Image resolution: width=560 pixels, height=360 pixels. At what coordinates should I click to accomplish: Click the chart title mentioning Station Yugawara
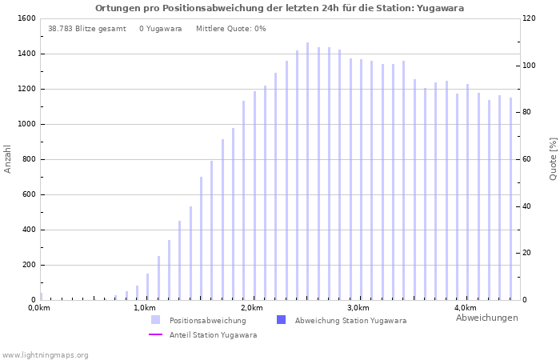pos(279,8)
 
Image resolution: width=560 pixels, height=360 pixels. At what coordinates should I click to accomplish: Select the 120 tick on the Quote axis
pos(530,18)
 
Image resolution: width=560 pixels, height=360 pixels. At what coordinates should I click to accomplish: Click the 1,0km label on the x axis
pos(145,308)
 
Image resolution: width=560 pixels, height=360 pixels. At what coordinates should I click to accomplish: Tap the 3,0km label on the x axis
pos(358,308)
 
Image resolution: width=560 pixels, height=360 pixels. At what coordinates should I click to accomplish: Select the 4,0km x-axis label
pos(465,308)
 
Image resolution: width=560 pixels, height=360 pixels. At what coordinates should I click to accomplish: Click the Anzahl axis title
pos(8,158)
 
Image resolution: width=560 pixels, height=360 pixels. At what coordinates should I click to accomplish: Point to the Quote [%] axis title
pos(553,158)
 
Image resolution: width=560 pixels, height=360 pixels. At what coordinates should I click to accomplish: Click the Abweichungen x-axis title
pos(486,318)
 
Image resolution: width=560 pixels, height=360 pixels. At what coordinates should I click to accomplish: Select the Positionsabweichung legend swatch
pos(155,320)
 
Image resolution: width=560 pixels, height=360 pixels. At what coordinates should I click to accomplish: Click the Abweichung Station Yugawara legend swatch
pos(281,320)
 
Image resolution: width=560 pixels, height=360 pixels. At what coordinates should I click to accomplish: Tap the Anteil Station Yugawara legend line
pos(155,335)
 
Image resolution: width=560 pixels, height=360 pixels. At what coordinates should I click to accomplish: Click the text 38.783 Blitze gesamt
pos(86,29)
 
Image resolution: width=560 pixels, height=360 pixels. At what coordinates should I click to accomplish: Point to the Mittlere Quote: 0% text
pos(230,29)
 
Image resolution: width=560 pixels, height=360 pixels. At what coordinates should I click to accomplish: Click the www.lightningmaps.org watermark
pos(46,355)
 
